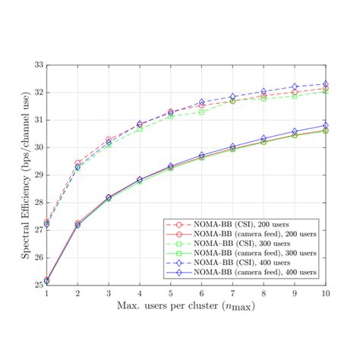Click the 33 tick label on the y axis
click(x=37, y=65)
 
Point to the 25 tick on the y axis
click(x=37, y=286)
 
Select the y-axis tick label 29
click(x=37, y=175)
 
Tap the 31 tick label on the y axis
click(x=37, y=120)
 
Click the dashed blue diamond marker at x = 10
click(x=326, y=84)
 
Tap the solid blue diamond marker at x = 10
click(x=326, y=125)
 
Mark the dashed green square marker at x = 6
click(x=202, y=112)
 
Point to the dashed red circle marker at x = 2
click(x=77, y=163)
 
